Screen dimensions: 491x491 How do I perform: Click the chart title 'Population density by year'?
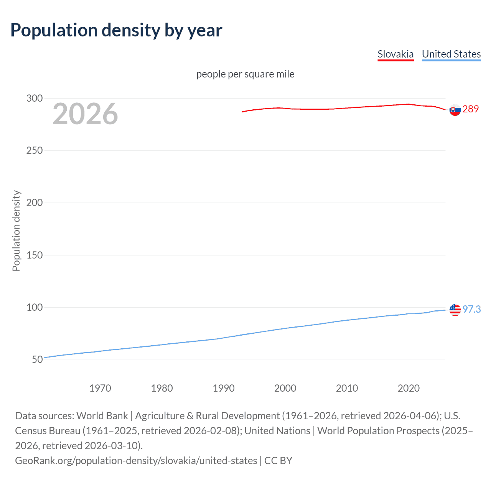(x=116, y=30)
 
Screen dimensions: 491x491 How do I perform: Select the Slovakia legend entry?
(x=395, y=54)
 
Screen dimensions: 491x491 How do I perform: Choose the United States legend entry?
(x=451, y=54)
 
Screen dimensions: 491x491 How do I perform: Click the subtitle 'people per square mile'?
(x=245, y=74)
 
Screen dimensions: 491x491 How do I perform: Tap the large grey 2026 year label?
(x=85, y=114)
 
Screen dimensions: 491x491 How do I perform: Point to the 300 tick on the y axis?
(x=34, y=98)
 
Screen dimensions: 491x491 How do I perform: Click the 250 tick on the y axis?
(x=34, y=150)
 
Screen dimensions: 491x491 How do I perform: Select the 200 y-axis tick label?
(x=34, y=203)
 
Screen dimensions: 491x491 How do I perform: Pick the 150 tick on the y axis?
(x=34, y=255)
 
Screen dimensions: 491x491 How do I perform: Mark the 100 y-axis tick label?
(x=34, y=307)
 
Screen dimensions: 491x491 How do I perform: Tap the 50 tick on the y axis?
(x=37, y=359)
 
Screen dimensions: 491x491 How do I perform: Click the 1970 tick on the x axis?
(x=100, y=388)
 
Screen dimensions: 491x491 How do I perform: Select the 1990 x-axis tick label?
(x=224, y=388)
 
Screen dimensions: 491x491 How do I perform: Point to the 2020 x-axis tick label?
(x=409, y=388)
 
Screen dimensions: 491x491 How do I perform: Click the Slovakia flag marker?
(x=455, y=110)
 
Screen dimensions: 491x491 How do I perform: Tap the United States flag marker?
(x=455, y=310)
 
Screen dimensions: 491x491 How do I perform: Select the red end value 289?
(x=471, y=109)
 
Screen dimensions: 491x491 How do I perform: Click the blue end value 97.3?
(x=472, y=309)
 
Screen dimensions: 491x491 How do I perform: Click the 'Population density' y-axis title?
(x=16, y=231)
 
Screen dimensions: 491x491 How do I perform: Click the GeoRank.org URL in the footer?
(x=136, y=460)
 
